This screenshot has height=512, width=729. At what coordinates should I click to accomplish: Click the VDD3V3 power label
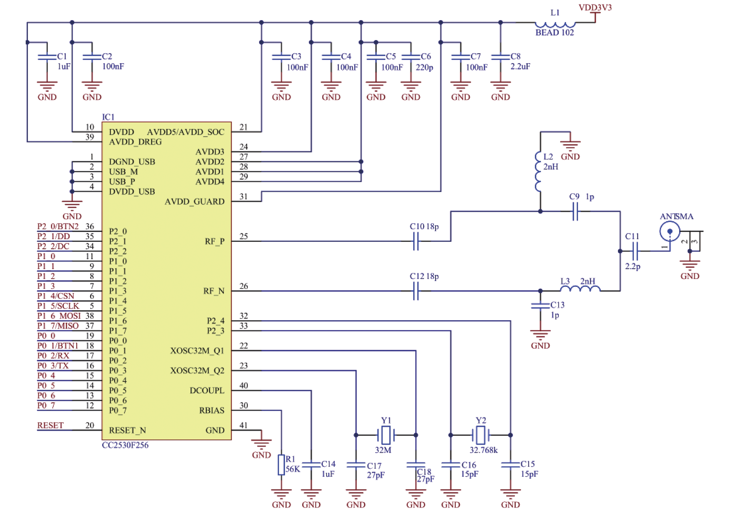pyautogui.click(x=595, y=7)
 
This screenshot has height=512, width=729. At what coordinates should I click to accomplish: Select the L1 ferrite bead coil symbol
pyautogui.click(x=555, y=24)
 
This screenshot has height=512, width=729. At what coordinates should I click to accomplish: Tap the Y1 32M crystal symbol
pyautogui.click(x=386, y=435)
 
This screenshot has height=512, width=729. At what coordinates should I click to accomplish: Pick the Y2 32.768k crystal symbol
pyautogui.click(x=481, y=435)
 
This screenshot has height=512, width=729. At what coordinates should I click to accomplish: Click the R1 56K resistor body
pyautogui.click(x=281, y=465)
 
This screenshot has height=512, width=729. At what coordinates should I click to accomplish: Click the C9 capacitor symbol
pyautogui.click(x=575, y=211)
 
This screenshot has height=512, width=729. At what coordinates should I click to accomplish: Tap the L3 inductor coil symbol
pyautogui.click(x=580, y=288)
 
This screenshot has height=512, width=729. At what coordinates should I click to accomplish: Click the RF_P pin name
pyautogui.click(x=214, y=241)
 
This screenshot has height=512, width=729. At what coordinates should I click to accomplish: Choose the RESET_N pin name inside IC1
pyautogui.click(x=127, y=430)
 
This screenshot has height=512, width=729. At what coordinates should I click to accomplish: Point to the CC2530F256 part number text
pyautogui.click(x=125, y=445)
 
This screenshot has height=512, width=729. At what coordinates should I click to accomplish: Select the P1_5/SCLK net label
pyautogui.click(x=58, y=306)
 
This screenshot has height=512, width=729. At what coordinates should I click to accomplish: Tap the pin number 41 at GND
pyautogui.click(x=244, y=425)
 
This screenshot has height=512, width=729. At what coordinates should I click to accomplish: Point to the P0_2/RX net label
pyautogui.click(x=53, y=356)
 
